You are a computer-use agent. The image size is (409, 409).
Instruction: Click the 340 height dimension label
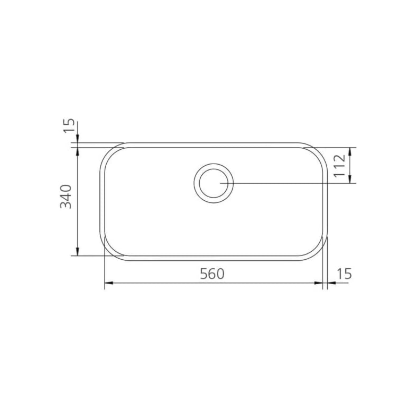(66, 197)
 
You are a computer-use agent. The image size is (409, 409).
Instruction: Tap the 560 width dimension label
(212, 274)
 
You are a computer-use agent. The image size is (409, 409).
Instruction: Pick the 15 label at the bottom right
(344, 274)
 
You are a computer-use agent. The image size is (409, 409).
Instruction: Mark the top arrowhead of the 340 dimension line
(78, 151)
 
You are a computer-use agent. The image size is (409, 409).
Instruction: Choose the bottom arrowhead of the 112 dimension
(350, 180)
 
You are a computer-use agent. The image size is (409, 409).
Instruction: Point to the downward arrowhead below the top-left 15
(78, 139)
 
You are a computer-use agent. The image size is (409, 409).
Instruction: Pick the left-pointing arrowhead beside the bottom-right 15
(330, 283)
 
